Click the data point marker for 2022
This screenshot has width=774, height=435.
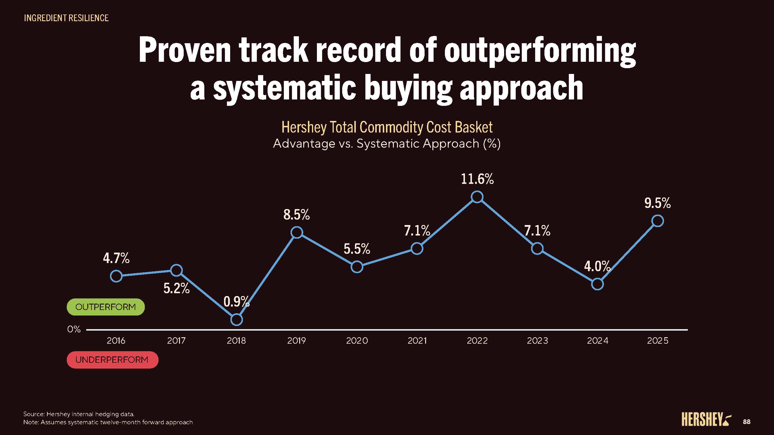477,197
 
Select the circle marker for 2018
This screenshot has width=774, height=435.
237,320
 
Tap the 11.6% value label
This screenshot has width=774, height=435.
477,179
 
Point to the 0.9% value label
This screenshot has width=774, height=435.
236,301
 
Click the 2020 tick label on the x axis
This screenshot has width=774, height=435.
357,341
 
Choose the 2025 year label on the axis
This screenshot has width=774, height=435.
658,341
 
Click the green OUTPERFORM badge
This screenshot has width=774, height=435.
105,307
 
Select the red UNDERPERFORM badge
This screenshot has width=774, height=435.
112,360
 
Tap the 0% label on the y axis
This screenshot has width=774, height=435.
74,329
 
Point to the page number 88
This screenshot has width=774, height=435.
747,422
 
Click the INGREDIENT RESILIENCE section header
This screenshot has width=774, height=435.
66,18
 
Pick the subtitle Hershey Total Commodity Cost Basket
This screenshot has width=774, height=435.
387,127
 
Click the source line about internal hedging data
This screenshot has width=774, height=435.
79,414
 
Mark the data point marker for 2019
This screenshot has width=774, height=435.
297,232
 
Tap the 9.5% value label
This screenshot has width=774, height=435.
657,203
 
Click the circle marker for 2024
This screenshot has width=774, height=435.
597,284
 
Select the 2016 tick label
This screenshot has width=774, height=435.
116,341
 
